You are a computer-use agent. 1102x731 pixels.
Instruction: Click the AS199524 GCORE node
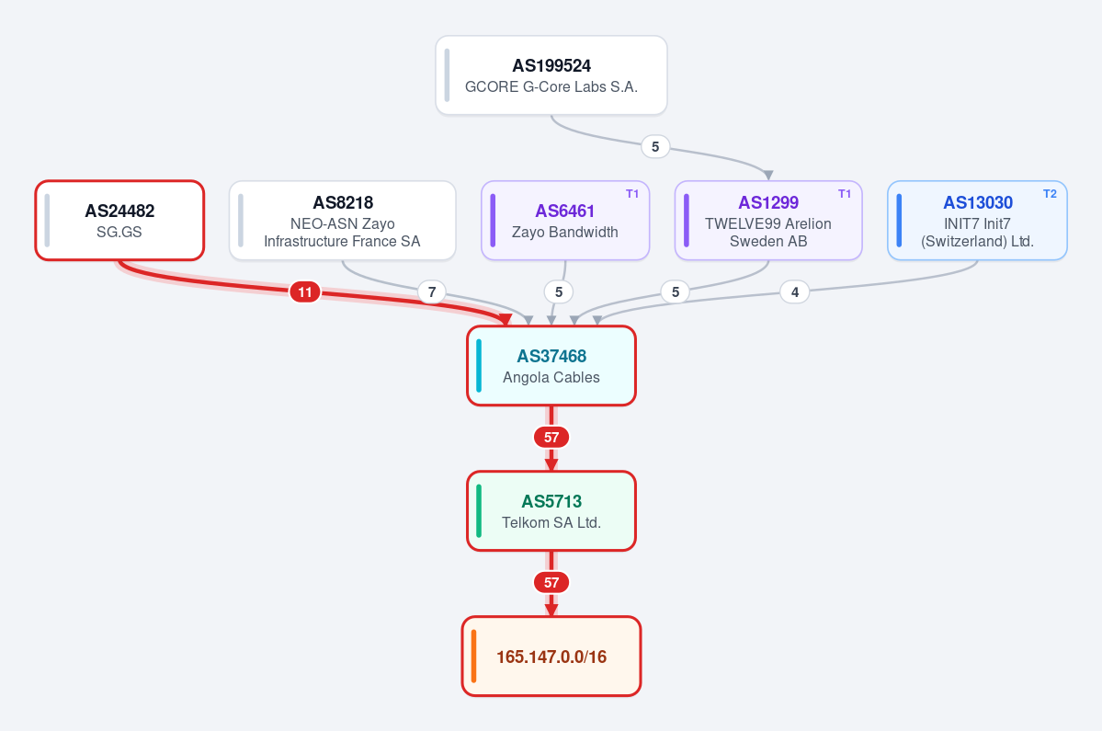(x=551, y=75)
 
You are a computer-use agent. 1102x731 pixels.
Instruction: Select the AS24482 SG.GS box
(x=119, y=221)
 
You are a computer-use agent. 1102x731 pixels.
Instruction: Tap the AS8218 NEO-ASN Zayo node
(x=342, y=221)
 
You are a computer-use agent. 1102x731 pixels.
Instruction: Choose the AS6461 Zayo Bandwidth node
(x=565, y=221)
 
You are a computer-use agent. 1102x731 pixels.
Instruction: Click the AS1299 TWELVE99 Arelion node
(x=768, y=221)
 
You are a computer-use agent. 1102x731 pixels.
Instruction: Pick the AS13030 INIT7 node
(x=977, y=221)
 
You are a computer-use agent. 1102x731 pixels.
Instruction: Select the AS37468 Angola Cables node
(x=551, y=366)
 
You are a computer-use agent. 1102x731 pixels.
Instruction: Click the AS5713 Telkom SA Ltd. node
(x=551, y=511)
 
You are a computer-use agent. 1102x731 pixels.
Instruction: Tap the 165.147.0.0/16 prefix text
(x=551, y=657)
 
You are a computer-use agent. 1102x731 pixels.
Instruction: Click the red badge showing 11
(x=305, y=291)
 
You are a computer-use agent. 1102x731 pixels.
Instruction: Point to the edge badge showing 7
(x=432, y=291)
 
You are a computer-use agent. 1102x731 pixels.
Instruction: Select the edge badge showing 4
(x=795, y=291)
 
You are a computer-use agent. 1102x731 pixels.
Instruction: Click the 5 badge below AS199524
(x=655, y=147)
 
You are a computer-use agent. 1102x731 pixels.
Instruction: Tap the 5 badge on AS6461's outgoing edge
(x=559, y=291)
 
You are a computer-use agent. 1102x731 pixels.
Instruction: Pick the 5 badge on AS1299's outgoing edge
(x=676, y=291)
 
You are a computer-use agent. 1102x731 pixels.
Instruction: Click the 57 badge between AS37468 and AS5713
(x=551, y=437)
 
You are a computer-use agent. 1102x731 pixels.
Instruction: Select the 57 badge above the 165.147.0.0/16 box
(x=551, y=583)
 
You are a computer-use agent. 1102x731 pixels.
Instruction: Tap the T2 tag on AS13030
(x=1050, y=194)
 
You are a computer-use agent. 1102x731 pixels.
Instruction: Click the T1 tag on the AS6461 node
(x=632, y=194)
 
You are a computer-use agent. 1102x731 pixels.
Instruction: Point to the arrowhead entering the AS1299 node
(x=768, y=176)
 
